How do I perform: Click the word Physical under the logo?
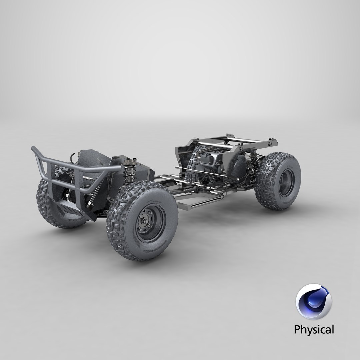pyautogui.click(x=313, y=330)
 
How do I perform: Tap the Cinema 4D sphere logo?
pyautogui.click(x=313, y=302)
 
